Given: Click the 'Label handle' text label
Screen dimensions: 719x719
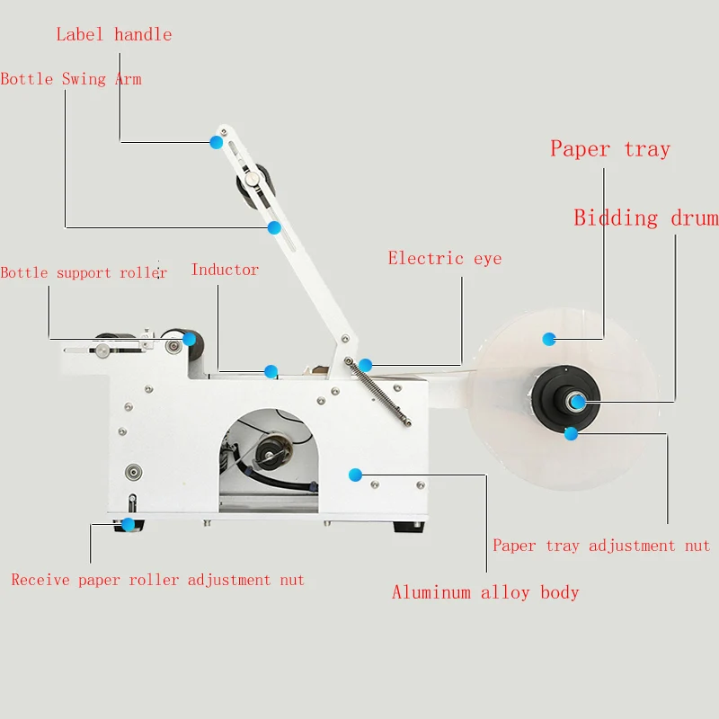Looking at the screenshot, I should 114,35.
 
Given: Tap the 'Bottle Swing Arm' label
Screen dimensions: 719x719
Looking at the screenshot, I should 71,79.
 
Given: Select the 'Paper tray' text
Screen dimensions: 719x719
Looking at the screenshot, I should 610,149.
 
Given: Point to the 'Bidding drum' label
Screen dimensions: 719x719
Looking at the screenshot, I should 646,218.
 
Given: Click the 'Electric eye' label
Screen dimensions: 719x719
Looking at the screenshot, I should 445,259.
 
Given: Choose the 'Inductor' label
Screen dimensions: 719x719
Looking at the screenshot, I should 225,270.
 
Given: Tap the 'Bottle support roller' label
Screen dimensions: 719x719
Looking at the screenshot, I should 84,272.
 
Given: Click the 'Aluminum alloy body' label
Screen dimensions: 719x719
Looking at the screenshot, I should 485,592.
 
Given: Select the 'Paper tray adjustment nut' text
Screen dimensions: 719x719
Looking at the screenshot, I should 601,546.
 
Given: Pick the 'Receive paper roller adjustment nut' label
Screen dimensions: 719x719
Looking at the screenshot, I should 158,581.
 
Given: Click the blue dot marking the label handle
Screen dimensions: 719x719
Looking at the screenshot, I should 216,141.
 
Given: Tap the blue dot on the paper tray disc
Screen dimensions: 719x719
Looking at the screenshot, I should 549,338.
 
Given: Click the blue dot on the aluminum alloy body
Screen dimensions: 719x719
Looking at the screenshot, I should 356,474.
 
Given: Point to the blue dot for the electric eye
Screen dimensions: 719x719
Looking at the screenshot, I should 366,364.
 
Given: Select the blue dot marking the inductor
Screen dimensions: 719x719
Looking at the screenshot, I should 271,371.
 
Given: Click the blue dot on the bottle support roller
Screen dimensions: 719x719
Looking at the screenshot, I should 190,339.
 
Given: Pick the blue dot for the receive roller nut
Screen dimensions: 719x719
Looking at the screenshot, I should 129,523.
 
